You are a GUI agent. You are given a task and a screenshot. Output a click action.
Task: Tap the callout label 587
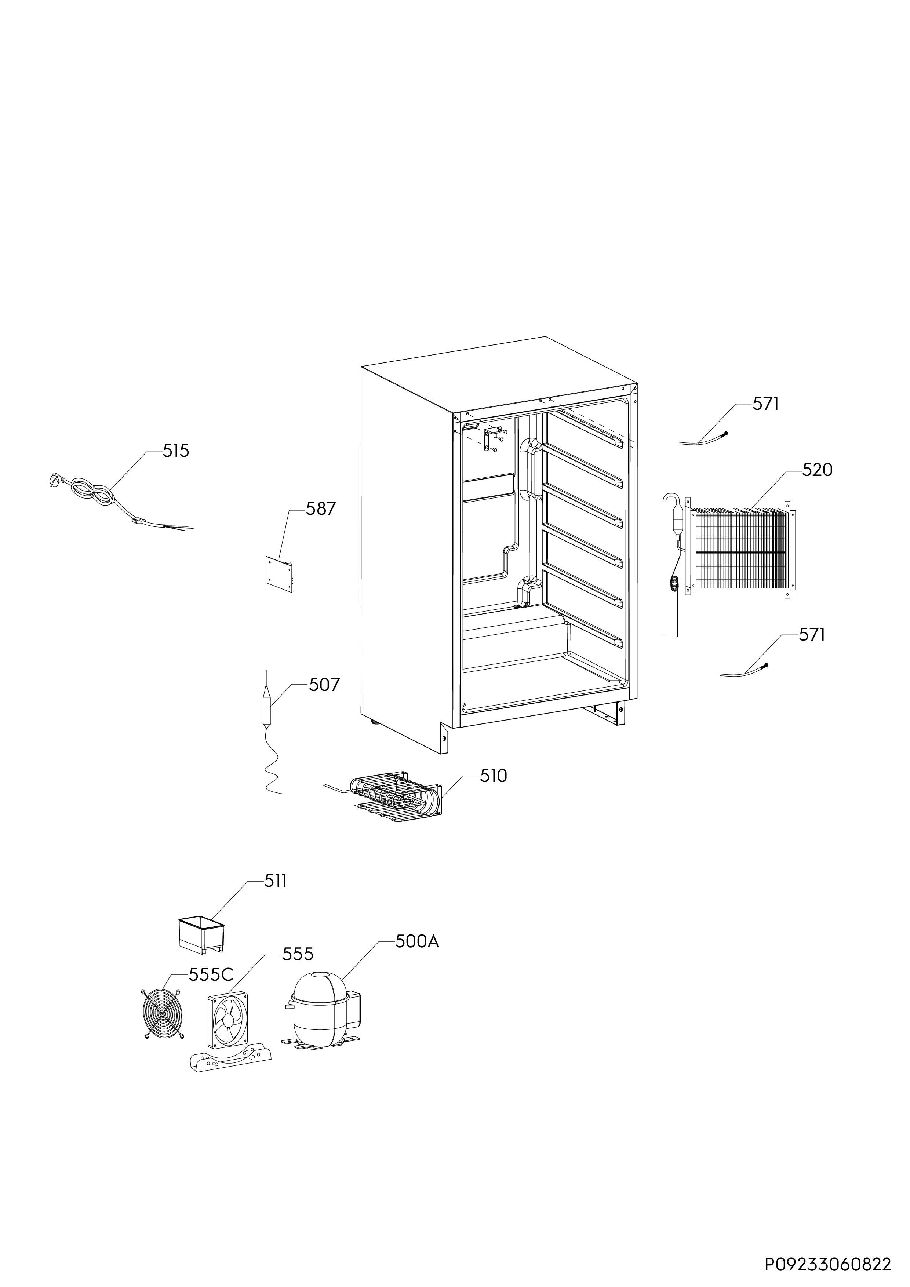coord(321,508)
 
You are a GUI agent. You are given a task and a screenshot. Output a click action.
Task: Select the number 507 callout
coord(324,685)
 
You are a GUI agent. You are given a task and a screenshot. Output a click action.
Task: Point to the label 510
coord(494,776)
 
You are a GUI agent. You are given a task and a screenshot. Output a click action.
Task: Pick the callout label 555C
coord(211,975)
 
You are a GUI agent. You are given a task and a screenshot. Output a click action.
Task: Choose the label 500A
coord(417,942)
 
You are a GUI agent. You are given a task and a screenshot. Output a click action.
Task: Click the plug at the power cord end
coord(55,479)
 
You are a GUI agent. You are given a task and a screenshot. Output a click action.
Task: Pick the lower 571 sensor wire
coord(743,670)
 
